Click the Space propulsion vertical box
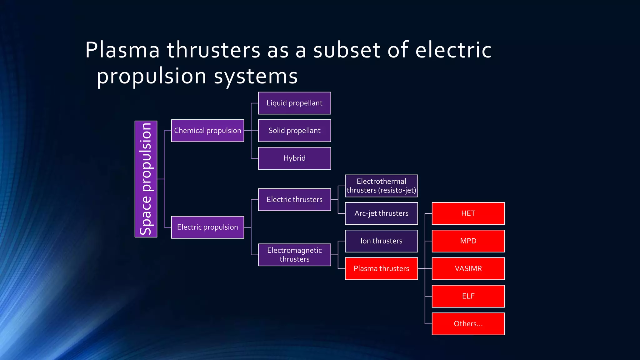(x=146, y=179)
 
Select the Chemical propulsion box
(x=207, y=131)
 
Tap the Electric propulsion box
(x=207, y=227)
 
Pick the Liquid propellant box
(x=294, y=103)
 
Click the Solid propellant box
(x=294, y=131)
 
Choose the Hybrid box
(x=294, y=158)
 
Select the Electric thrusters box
(x=294, y=200)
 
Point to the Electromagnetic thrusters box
(x=294, y=255)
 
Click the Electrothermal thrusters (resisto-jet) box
(x=381, y=186)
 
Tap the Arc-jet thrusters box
(x=381, y=213)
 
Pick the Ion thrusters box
(x=381, y=241)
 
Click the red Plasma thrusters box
(x=381, y=268)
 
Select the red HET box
(x=468, y=213)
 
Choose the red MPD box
(x=468, y=241)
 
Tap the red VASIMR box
(x=468, y=268)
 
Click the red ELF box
(x=468, y=296)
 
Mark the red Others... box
(x=468, y=324)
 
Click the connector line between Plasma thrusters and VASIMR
(x=425, y=268)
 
